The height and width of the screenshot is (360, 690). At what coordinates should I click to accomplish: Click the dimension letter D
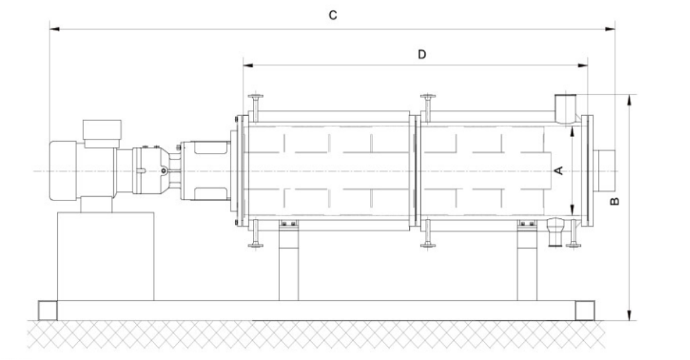[421, 54]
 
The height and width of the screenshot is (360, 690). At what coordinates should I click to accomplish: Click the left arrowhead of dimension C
[53, 29]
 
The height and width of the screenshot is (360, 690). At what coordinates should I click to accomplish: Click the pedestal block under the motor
[106, 255]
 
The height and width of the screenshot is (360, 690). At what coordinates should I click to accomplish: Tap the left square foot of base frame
[48, 310]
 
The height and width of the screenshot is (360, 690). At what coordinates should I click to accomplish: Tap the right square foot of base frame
[584, 310]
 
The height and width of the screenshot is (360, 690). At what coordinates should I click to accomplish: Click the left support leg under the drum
[289, 265]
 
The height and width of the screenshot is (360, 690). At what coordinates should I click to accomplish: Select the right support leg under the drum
[528, 265]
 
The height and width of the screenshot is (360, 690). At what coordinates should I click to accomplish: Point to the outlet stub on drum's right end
[605, 170]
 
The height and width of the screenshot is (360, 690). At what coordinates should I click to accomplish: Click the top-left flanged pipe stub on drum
[256, 106]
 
